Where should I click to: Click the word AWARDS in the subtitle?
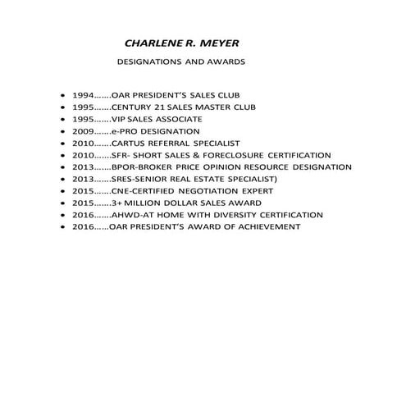pyautogui.click(x=226, y=62)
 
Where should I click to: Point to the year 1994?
pyautogui.click(x=84, y=95)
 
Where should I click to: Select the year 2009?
pyautogui.click(x=84, y=131)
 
